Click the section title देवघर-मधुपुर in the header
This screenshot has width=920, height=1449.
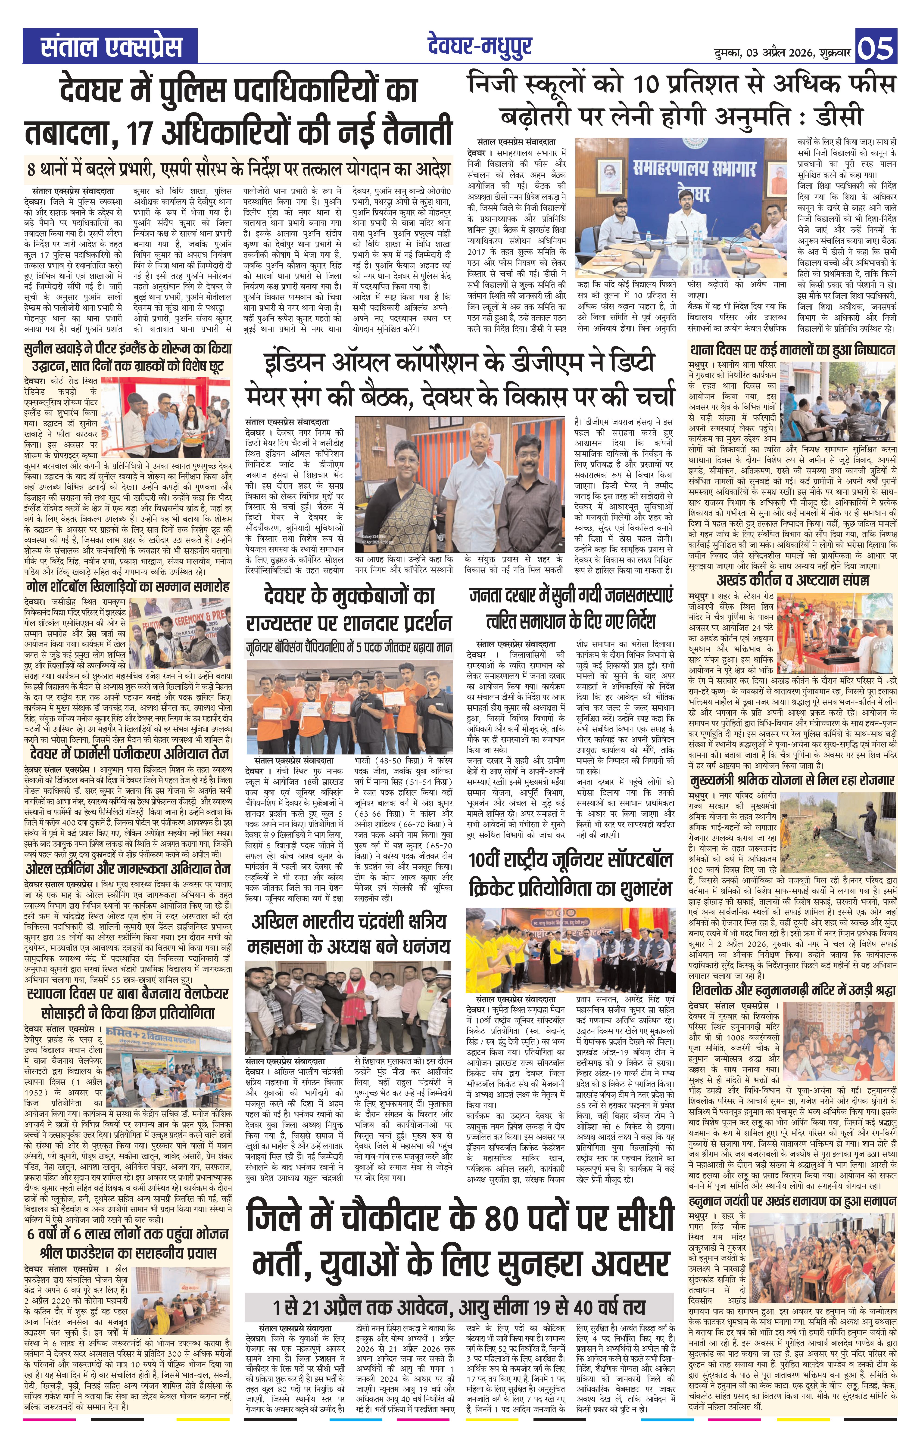coord(480,46)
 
